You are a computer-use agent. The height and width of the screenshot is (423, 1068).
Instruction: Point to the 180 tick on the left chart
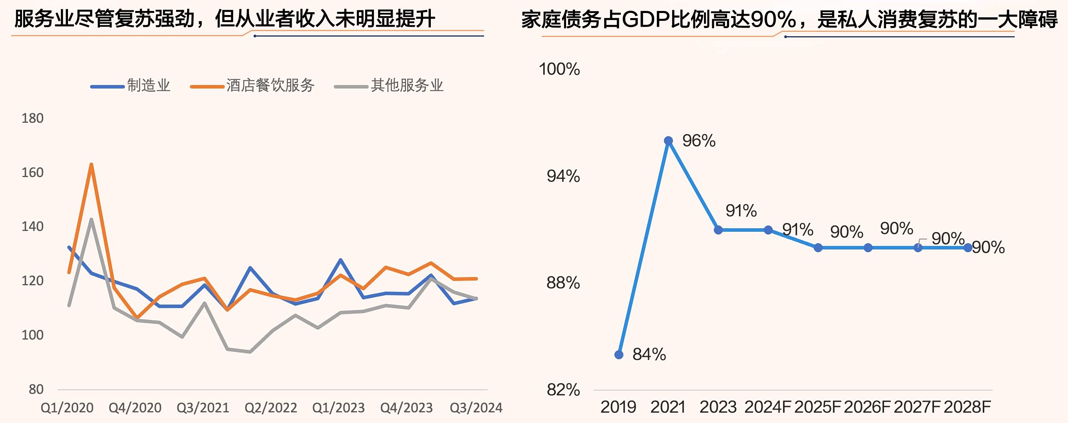coord(32,118)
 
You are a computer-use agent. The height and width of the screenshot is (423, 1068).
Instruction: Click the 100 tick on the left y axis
coord(32,335)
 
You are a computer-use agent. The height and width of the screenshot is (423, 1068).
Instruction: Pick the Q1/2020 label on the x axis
coord(67,408)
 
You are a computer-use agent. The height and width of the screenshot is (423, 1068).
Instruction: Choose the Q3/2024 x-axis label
coord(476,408)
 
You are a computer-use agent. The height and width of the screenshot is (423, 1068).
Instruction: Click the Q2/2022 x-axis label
coord(271,408)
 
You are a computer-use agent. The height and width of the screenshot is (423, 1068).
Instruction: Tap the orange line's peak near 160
coord(91,165)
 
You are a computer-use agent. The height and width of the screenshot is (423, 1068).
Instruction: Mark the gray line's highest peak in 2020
coord(91,220)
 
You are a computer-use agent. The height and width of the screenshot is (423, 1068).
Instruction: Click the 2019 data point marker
coord(619,355)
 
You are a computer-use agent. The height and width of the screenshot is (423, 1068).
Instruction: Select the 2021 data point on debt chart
coord(668,141)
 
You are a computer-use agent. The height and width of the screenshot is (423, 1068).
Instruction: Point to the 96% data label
coord(699,141)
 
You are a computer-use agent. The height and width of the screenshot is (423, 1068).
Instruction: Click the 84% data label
coord(649,355)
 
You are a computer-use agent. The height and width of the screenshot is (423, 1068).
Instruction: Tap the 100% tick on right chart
coord(559,69)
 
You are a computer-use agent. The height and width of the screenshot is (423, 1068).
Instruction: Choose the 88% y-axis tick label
coord(563,283)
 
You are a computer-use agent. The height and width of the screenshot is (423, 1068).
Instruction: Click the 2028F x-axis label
coord(967,407)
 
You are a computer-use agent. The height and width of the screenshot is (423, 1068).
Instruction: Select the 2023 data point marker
coord(719,230)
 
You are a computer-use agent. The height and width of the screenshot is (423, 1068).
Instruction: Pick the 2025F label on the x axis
coord(818,407)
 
